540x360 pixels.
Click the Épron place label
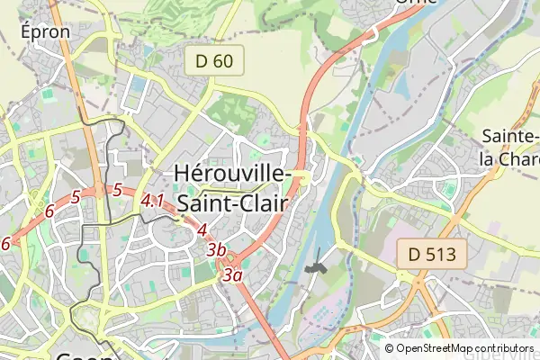[44, 31]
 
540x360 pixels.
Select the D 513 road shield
[433, 255]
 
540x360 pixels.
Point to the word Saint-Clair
[231, 203]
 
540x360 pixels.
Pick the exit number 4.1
[152, 202]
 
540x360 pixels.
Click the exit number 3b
[215, 249]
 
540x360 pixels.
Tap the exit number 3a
[233, 275]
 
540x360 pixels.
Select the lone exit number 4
[202, 229]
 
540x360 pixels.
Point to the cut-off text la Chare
[509, 159]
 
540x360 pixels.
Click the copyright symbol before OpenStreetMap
[390, 348]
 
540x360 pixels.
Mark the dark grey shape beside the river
[315, 266]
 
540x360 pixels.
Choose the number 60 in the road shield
[221, 61]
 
